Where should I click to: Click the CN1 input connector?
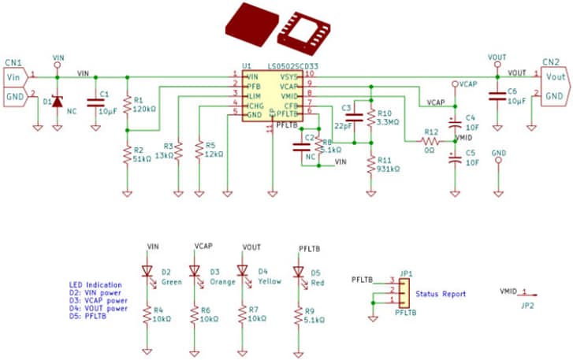(x=16, y=85)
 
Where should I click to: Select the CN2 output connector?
(x=554, y=84)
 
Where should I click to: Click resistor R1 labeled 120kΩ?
(x=126, y=105)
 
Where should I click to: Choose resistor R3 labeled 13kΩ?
(x=178, y=150)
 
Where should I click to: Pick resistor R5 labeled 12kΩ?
(x=199, y=150)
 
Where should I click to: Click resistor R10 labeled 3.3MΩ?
(x=370, y=117)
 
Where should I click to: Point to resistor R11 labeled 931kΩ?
(x=370, y=163)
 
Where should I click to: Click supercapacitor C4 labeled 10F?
(x=454, y=123)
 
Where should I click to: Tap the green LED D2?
(x=147, y=271)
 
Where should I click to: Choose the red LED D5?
(x=298, y=272)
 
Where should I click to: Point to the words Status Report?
(x=442, y=294)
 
